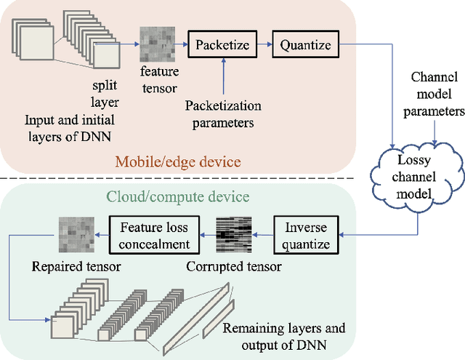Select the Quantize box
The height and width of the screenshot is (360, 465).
click(305, 45)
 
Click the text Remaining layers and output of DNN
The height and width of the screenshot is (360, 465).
click(284, 336)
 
